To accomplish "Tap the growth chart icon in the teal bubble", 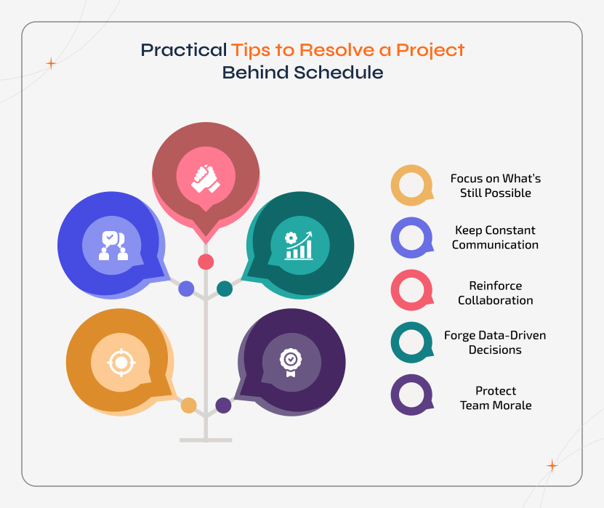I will coord(299,245).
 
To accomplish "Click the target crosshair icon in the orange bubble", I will coord(121,361).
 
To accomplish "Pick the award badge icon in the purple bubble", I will coord(290,360).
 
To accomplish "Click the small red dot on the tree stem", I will coord(206,262).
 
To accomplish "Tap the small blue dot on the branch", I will coord(186,289).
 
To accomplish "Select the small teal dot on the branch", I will coord(225,289).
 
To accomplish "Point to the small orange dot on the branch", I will coord(188,406).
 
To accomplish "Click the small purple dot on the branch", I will coord(223,406).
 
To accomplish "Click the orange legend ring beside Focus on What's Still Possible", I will coord(411,186).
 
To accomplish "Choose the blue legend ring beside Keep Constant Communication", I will coord(411,238).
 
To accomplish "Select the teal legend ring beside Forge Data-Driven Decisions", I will coord(411,342).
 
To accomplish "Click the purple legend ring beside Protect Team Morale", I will coord(411,395).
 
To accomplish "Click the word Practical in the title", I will coord(183,51).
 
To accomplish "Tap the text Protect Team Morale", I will coord(496,398).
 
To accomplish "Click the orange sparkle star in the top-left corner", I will coord(51,64).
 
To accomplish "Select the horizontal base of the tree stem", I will coord(206,440).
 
